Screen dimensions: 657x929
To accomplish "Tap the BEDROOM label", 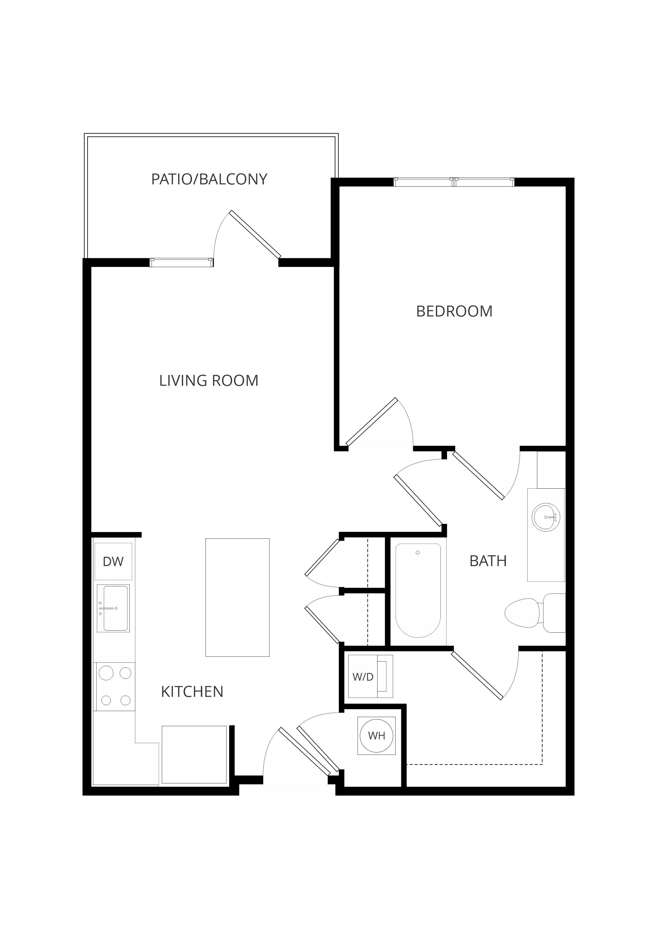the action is [x=454, y=311].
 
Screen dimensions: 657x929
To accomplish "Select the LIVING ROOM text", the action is [x=209, y=381].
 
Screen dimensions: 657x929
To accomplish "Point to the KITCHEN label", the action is [x=192, y=692].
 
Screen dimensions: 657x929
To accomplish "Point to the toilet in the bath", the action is [x=535, y=613].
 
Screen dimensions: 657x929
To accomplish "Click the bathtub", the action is [x=418, y=591].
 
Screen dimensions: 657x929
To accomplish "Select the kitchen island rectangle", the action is [x=237, y=597].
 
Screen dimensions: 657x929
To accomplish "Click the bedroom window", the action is [x=454, y=182].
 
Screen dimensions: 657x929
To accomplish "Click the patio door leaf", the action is [x=255, y=234].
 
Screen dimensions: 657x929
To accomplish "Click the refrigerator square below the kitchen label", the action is [x=194, y=755].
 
